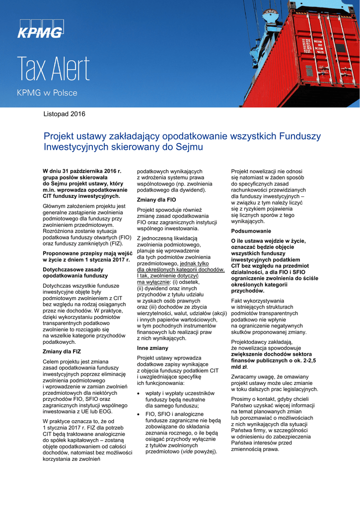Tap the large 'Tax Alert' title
point(54,70)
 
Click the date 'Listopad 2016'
point(65,114)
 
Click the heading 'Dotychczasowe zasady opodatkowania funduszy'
point(75,272)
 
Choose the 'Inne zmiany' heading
point(152,348)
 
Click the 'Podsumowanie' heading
point(251,231)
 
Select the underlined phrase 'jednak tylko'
point(195,264)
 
